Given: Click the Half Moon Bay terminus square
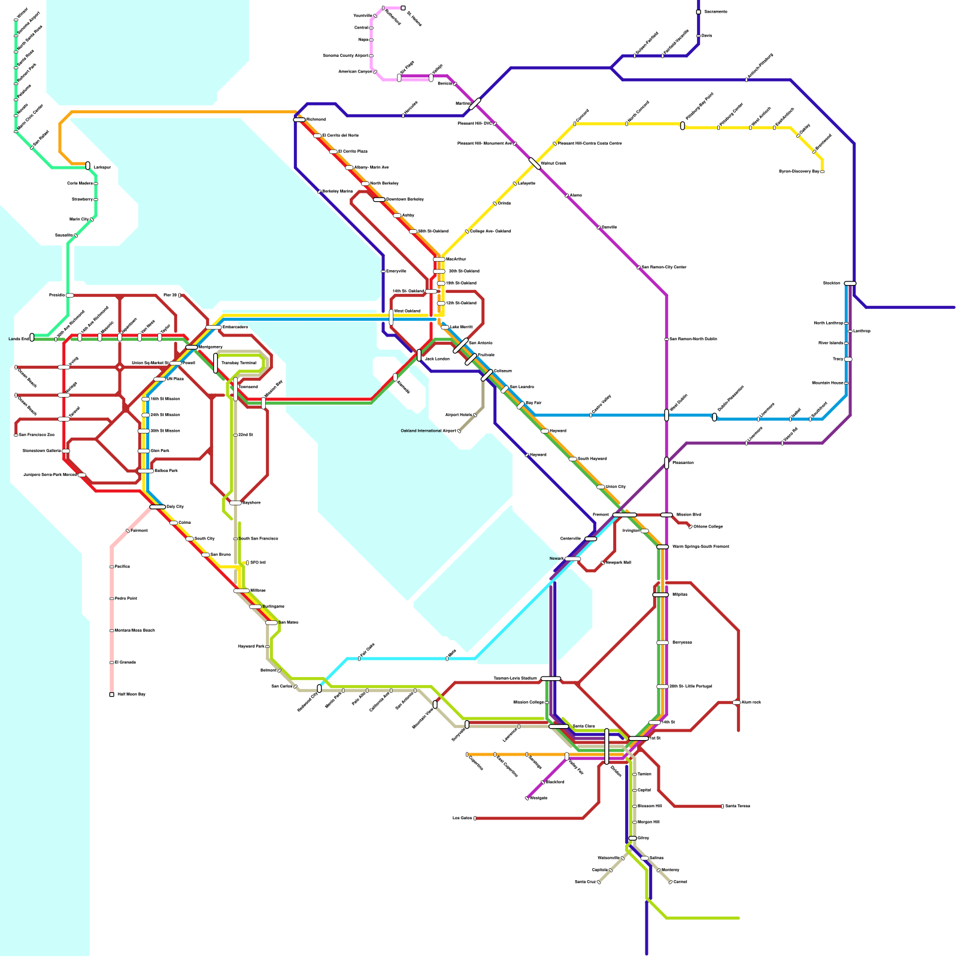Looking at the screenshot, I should pyautogui.click(x=111, y=695).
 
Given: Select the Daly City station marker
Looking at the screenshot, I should pyautogui.click(x=157, y=507).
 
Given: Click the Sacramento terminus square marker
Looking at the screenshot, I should pyautogui.click(x=698, y=12).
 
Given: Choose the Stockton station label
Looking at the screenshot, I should pyautogui.click(x=831, y=283).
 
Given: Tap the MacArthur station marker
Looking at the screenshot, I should pyautogui.click(x=439, y=259).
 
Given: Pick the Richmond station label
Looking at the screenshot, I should pyautogui.click(x=316, y=120).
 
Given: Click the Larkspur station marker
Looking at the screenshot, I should pyautogui.click(x=88, y=165).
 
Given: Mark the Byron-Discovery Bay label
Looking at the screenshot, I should pyautogui.click(x=799, y=172).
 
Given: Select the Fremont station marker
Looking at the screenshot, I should pyautogui.click(x=624, y=515).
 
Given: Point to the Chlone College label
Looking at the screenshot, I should pyautogui.click(x=708, y=527).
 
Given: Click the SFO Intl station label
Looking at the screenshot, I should pyautogui.click(x=258, y=563).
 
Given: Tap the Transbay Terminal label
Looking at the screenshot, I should pyautogui.click(x=239, y=363).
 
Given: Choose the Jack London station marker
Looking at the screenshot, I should pyautogui.click(x=419, y=355).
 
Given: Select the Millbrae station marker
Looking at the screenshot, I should pyautogui.click(x=241, y=591).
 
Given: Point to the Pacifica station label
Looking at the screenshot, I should pyautogui.click(x=122, y=566).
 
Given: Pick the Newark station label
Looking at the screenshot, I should pyautogui.click(x=556, y=559).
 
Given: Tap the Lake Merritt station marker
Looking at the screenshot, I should pyautogui.click(x=444, y=327).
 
